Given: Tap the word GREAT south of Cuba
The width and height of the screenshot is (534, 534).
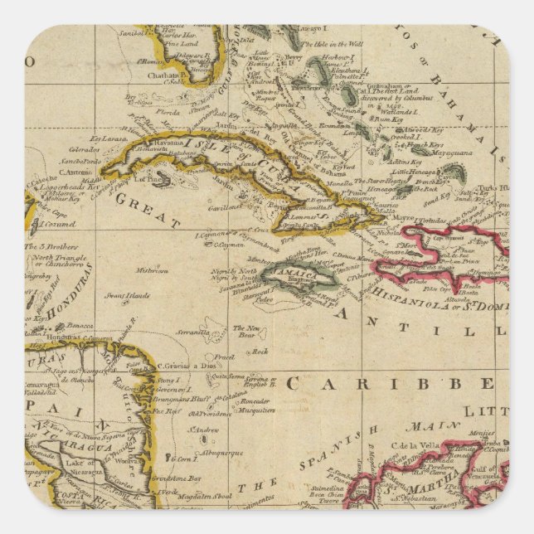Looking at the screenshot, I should click(148, 211).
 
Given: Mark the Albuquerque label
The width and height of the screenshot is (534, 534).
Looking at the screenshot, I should click(218, 453).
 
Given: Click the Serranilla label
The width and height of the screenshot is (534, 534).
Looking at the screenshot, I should click(192, 332).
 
